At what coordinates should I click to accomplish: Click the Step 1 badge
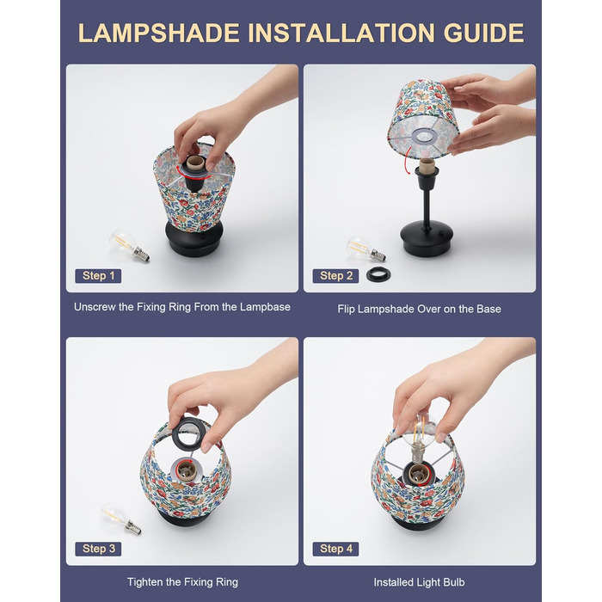coord(98,276)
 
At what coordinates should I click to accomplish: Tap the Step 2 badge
coord(335,276)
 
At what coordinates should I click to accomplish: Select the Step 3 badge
coord(98,549)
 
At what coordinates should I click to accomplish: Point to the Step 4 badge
coord(335,549)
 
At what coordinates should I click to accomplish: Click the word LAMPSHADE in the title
coord(158,33)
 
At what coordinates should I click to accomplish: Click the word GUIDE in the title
coord(483,33)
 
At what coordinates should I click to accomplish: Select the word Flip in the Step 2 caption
coord(346,309)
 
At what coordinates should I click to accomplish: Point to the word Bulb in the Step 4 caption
coord(455,582)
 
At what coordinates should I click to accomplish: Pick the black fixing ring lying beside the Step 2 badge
coord(378,275)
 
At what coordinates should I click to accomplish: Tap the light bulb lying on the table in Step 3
coord(120,519)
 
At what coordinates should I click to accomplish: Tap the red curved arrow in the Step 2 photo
coord(407,157)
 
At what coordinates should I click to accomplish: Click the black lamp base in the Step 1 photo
coord(194,239)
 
